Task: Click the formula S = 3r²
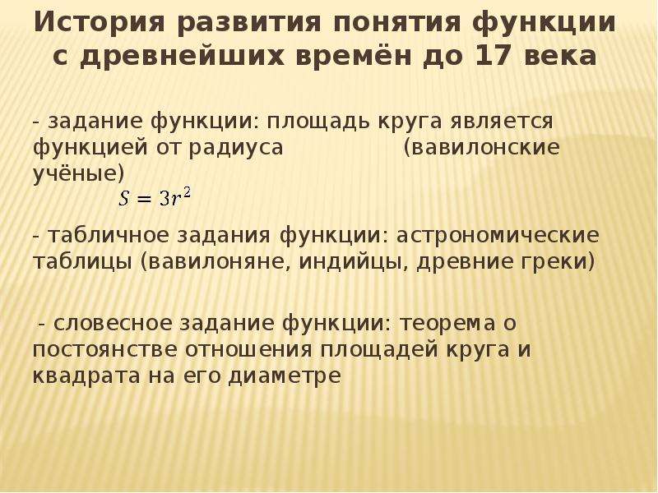point(155,198)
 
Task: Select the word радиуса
point(236,148)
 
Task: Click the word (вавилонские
point(481,148)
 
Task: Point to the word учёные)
point(79,173)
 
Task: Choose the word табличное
point(108,236)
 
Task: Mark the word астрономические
point(498,236)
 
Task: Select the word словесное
point(113,324)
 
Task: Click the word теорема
point(447,324)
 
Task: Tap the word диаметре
point(285,376)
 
